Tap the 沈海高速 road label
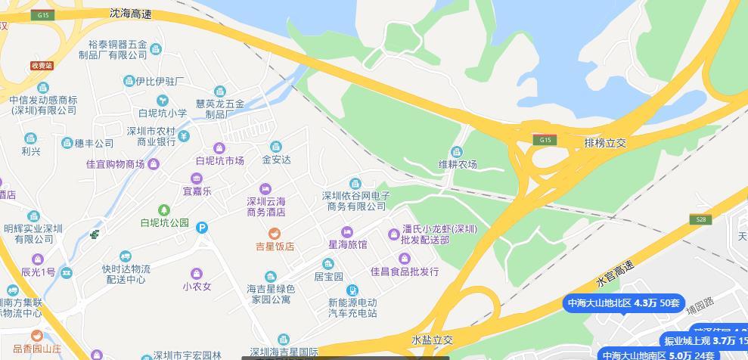130,14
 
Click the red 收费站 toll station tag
42,66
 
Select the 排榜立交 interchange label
606,142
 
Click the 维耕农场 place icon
457,151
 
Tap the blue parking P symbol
202,227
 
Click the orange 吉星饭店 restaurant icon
275,233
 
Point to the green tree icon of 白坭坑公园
163,209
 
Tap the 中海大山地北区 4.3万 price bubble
624,303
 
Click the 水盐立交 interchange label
432,340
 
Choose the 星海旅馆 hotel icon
347,231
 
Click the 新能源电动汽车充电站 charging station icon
352,290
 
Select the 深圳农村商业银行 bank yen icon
183,135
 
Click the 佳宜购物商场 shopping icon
154,164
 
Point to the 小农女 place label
196,287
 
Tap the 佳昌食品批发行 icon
405,259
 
